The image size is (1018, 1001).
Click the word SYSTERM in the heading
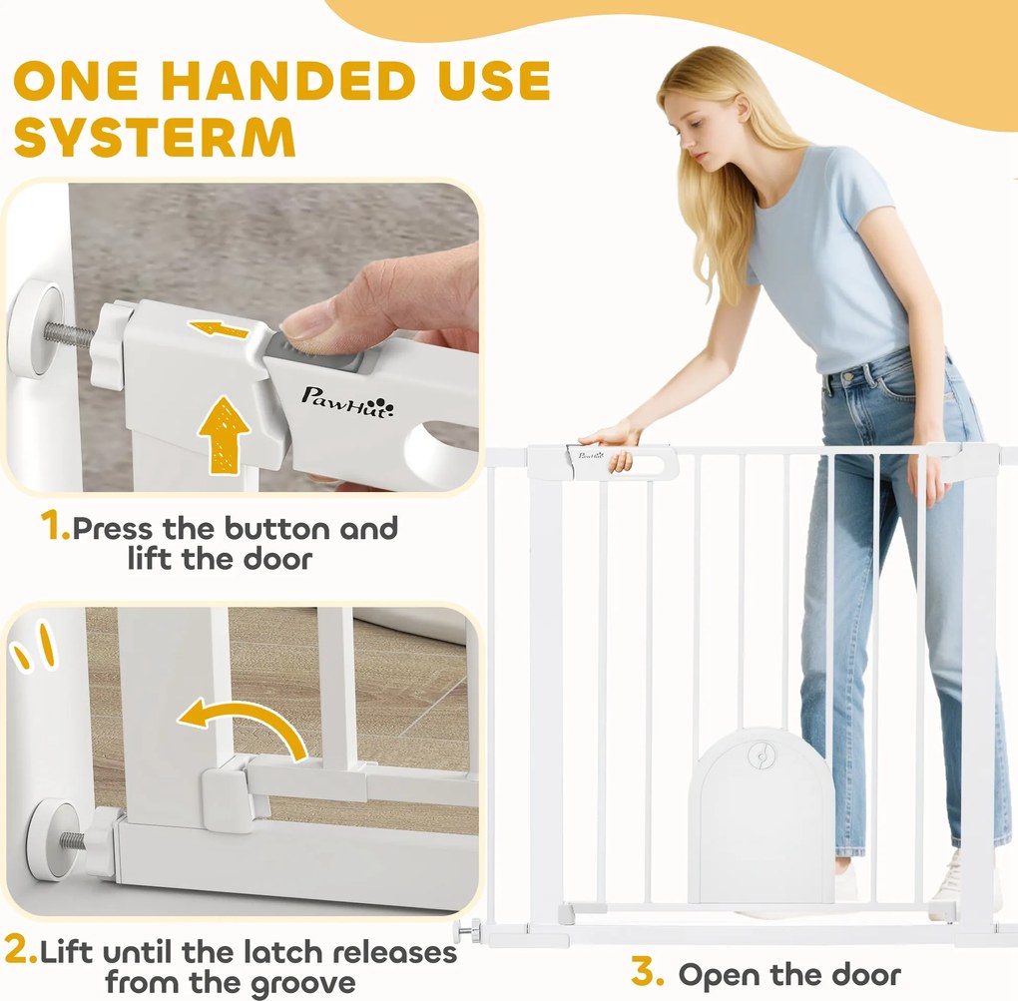tap(155, 137)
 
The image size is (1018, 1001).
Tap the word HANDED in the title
tap(292, 81)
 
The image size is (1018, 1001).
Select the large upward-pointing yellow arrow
tap(224, 434)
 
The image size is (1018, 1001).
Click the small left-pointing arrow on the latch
tap(219, 329)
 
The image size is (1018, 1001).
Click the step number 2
tap(20, 950)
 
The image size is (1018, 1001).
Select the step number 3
tap(648, 972)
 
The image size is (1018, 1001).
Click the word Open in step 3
tap(718, 975)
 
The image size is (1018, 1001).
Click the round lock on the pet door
tap(759, 754)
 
